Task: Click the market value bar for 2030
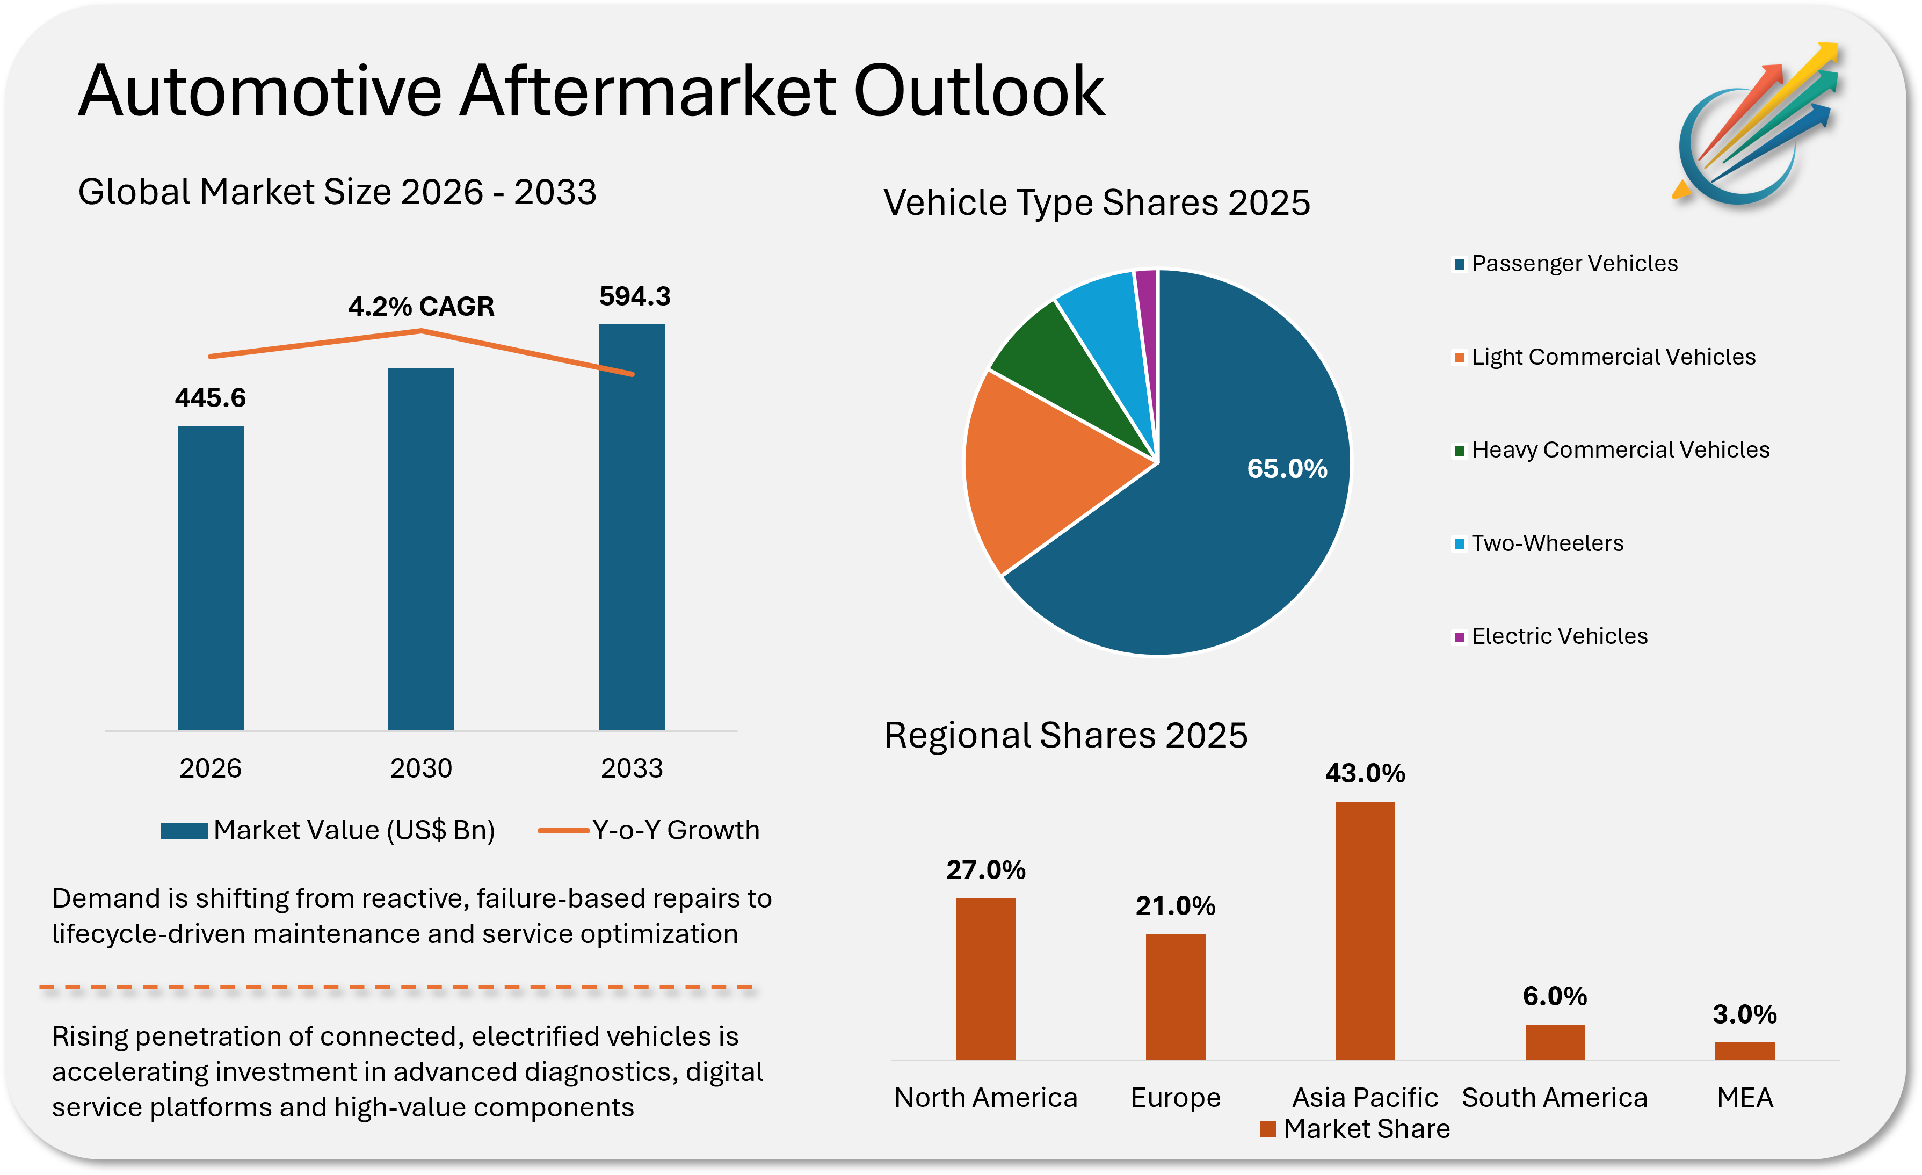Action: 421,549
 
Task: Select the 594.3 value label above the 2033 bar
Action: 634,296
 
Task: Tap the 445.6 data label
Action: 210,398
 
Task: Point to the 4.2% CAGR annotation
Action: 421,307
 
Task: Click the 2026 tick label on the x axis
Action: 210,768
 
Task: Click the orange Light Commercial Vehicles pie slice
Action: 1038,468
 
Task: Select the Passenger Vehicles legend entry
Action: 1573,264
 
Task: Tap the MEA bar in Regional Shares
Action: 1744,1050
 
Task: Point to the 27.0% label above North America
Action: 985,870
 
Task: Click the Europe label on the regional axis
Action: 1176,1098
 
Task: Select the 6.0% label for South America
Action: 1555,996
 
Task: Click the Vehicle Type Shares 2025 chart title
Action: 1096,203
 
